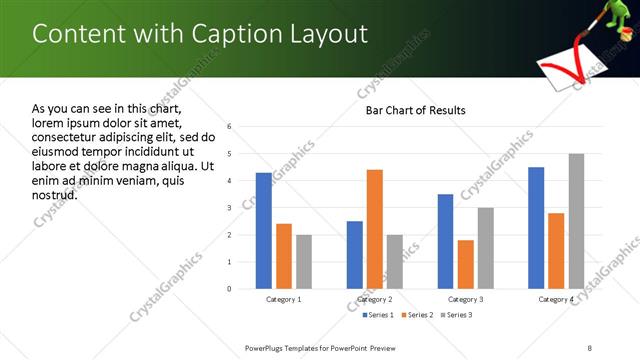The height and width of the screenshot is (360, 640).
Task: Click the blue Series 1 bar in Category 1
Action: click(x=263, y=231)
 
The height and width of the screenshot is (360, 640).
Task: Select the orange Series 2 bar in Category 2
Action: click(x=375, y=229)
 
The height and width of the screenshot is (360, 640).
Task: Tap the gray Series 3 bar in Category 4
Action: click(x=576, y=221)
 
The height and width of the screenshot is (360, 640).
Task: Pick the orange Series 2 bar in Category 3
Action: click(x=466, y=264)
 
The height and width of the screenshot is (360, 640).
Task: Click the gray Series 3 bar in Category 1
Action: click(x=304, y=262)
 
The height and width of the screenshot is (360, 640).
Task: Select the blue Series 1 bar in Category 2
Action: click(x=355, y=255)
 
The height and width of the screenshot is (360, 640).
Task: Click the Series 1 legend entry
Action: click(x=376, y=315)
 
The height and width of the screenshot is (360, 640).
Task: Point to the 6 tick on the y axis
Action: click(x=230, y=127)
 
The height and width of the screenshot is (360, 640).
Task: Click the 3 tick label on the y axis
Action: click(x=230, y=208)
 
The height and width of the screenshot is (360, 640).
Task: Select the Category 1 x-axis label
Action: click(x=283, y=299)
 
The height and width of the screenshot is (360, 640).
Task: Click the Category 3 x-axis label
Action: click(x=465, y=299)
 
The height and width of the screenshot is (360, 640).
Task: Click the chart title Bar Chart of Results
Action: click(x=415, y=110)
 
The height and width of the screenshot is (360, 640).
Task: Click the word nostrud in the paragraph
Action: click(x=55, y=194)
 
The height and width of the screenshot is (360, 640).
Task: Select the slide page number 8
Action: click(x=589, y=347)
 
